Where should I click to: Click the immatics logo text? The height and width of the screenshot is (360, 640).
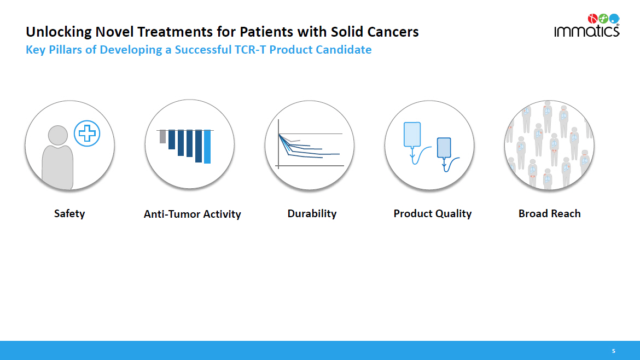click(x=586, y=31)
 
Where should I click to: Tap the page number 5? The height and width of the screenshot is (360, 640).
click(x=613, y=351)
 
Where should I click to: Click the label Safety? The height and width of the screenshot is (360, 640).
click(x=69, y=213)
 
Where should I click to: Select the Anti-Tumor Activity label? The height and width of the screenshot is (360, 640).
click(x=192, y=214)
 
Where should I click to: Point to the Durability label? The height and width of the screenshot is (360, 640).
click(x=312, y=213)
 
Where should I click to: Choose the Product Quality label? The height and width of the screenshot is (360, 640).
click(x=433, y=213)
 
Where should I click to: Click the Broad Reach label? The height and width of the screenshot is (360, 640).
click(x=549, y=213)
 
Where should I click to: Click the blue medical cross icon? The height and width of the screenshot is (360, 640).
click(x=87, y=133)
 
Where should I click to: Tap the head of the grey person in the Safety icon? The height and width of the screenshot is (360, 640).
click(x=58, y=135)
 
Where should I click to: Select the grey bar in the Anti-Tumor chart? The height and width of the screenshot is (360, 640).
click(x=162, y=136)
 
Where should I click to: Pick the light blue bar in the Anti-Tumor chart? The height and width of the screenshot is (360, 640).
click(x=207, y=147)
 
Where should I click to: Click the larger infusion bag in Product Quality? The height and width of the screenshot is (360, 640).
click(x=412, y=134)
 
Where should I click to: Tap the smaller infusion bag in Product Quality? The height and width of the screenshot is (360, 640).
click(x=444, y=147)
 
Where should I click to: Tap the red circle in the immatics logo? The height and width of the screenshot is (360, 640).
click(x=592, y=19)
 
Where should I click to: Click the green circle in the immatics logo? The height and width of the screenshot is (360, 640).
click(x=603, y=19)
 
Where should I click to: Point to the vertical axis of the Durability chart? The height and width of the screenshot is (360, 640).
click(x=278, y=144)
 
